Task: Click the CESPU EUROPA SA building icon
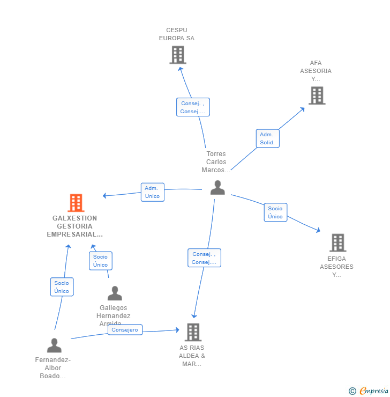coord(177,55)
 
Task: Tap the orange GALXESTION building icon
coord(76,203)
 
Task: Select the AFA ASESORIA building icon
coord(317,95)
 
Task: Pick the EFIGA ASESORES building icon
coord(337,242)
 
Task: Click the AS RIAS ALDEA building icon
coord(193,332)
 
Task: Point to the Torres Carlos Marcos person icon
coord(217,187)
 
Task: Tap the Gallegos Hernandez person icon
coord(115,293)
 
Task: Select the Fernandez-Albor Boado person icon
coord(54,345)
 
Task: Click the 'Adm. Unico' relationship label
coord(152,192)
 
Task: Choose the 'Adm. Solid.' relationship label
coord(267,138)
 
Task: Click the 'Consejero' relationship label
coord(125,330)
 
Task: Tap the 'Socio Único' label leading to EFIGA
coord(275,212)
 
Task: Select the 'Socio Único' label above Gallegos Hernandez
coord(100,261)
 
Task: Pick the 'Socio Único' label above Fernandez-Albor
coord(62,287)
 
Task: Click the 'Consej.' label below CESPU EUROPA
coord(193,107)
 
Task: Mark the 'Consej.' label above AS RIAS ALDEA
coord(204,258)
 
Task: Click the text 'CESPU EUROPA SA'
coord(177,34)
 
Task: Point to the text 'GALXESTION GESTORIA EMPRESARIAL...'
coord(75,226)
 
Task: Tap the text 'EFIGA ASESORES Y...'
coord(336,267)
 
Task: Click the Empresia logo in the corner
coord(369,391)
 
